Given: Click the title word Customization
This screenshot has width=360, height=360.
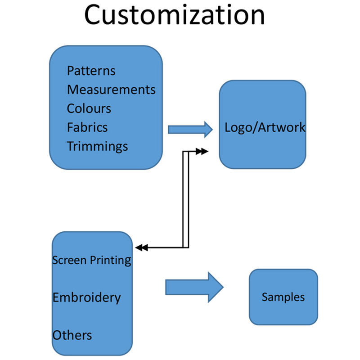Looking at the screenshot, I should coord(174,15).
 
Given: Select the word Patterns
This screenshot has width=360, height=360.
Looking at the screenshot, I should coord(91,71).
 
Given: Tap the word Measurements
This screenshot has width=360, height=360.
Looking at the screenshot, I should coord(111,90).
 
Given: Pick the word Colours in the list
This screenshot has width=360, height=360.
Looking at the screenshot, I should coord(89,108).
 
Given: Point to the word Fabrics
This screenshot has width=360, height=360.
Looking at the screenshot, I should coord(87,127).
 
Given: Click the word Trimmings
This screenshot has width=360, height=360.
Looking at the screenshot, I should coord(97,146).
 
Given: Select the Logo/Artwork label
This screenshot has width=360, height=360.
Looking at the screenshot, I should coord(265,127).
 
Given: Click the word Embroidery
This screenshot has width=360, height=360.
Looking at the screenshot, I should coord(86,297).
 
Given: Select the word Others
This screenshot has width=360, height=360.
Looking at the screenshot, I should coord(72,335).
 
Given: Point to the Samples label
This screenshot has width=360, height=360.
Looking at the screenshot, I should coord(283,297).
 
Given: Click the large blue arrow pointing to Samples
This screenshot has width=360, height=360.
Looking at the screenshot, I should coord(194,287).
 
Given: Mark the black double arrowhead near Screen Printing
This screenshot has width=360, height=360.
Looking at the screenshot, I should coord(142,247).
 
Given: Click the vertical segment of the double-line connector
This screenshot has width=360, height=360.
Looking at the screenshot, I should coord(185,200).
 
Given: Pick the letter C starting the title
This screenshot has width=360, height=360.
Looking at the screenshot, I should coord(95,15).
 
